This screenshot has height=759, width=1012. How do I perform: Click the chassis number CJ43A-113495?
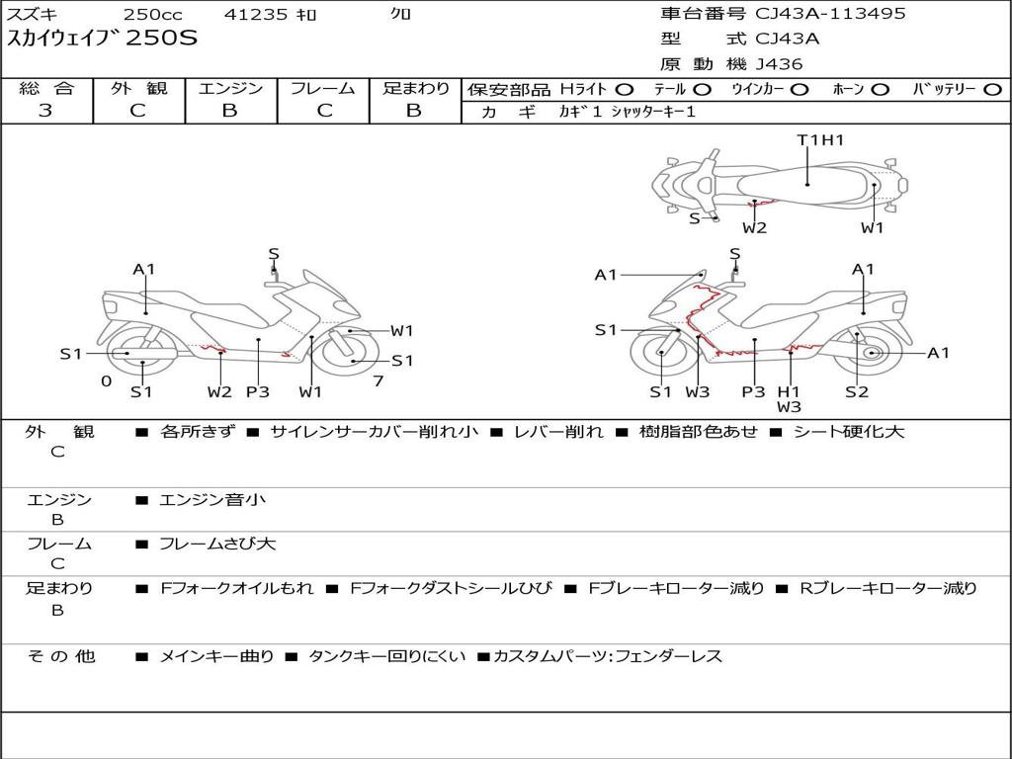click(x=830, y=14)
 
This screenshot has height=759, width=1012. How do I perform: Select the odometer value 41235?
click(x=255, y=14)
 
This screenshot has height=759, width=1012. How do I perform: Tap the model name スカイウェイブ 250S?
click(x=102, y=39)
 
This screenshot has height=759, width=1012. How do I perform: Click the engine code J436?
click(x=779, y=64)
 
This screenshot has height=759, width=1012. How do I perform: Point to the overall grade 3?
click(x=45, y=111)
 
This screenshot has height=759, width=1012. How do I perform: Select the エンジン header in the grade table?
click(x=230, y=88)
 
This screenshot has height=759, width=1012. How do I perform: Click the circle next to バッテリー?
click(x=992, y=90)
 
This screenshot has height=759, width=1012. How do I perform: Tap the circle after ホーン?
click(x=881, y=90)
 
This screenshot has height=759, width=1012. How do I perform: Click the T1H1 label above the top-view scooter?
click(x=820, y=140)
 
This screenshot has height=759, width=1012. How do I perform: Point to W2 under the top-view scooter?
click(x=754, y=228)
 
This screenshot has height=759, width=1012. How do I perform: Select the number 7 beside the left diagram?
click(x=379, y=381)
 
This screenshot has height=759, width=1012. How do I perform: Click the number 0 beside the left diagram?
click(x=107, y=381)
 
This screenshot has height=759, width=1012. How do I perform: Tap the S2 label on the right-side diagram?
click(x=857, y=391)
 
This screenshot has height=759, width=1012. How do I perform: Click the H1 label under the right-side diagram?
click(x=789, y=391)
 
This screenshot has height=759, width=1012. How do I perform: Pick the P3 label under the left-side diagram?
click(x=258, y=391)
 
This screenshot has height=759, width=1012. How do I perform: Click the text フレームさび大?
click(x=217, y=545)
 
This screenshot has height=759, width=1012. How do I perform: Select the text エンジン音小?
click(x=212, y=499)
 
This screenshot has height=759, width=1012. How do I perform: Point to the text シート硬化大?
click(x=849, y=432)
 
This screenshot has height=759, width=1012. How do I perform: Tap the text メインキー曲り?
click(x=216, y=657)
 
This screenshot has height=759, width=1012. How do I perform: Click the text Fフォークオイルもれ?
click(x=237, y=589)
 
